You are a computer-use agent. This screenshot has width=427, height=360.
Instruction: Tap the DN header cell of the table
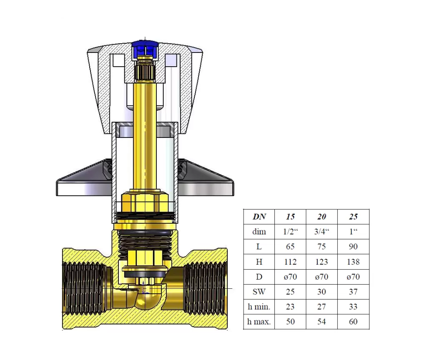tap(259, 217)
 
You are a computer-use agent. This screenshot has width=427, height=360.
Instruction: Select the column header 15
tap(290, 217)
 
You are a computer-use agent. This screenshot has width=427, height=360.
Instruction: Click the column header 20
tap(322, 217)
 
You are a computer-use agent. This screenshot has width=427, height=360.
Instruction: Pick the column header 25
tap(353, 217)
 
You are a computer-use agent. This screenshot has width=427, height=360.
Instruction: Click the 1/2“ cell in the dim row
tap(291, 232)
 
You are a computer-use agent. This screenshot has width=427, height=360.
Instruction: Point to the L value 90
tap(353, 247)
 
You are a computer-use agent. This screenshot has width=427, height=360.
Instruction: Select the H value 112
tap(290, 262)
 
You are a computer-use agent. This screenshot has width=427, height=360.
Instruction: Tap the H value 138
tap(353, 262)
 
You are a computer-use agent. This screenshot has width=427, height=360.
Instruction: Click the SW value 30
tap(322, 292)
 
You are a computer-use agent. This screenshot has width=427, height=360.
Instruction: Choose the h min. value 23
tap(290, 307)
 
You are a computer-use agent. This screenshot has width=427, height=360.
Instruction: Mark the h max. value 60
tap(353, 322)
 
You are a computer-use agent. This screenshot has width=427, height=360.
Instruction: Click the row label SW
tap(259, 292)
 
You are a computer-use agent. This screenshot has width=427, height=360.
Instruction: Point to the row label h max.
tap(259, 322)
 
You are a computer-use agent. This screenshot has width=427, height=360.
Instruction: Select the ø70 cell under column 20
tap(322, 277)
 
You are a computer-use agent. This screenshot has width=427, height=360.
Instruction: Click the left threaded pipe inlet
tap(84, 288)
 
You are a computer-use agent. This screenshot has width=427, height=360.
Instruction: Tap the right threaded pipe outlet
tap(205, 288)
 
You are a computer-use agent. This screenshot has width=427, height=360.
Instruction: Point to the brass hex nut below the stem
tap(145, 201)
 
